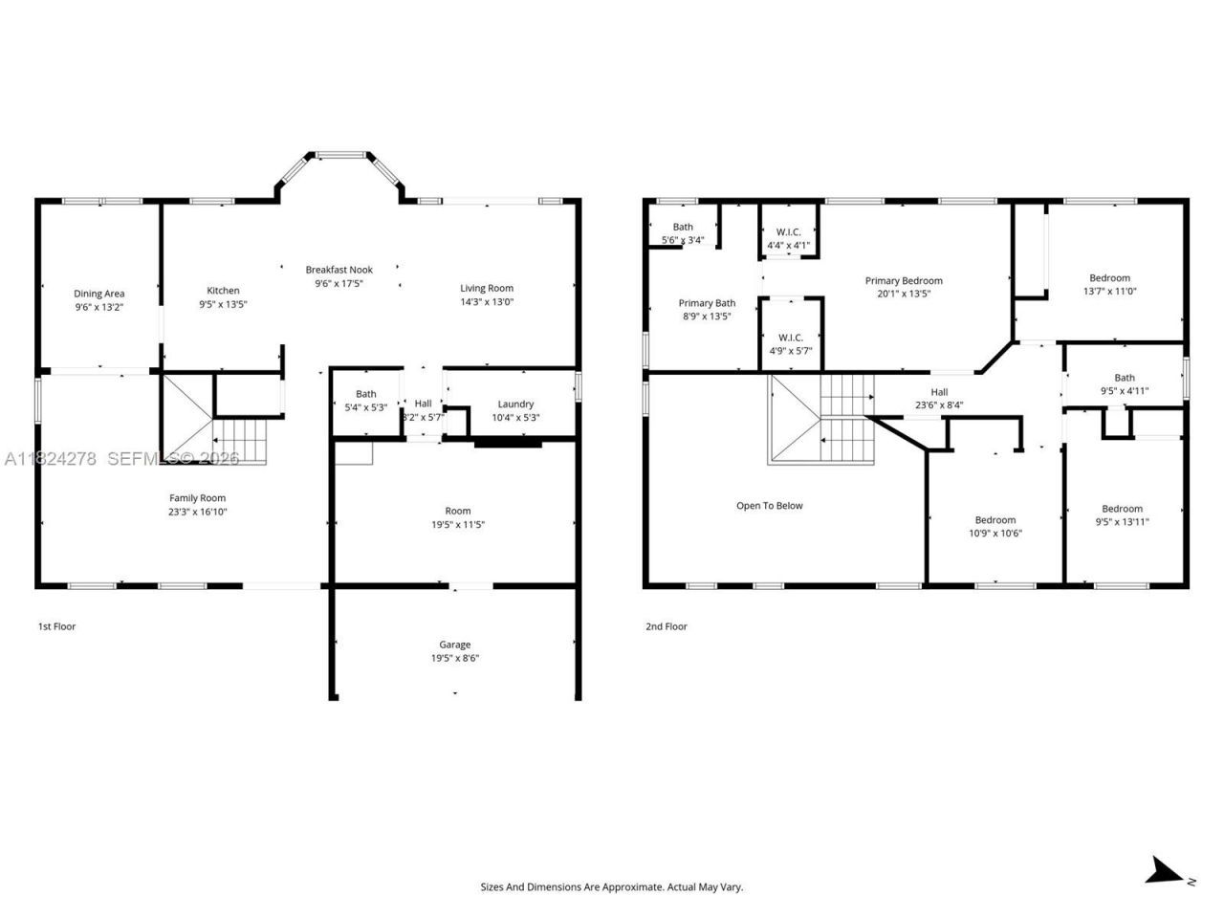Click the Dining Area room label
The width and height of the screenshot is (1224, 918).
tap(99, 294)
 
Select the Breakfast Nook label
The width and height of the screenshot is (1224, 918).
tap(339, 270)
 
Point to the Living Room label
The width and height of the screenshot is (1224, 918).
tap(487, 288)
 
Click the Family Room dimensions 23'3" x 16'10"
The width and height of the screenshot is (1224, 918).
tap(198, 512)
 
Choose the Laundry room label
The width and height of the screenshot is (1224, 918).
tap(515, 404)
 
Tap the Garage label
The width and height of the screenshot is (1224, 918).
tap(454, 645)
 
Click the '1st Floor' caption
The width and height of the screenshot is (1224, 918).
tap(56, 626)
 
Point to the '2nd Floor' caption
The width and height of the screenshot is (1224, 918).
tap(666, 626)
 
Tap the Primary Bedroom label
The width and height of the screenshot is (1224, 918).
tap(904, 280)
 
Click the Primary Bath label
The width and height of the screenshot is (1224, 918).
tap(707, 303)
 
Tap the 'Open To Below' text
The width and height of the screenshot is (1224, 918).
tap(769, 506)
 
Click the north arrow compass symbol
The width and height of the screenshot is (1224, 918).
tap(1165, 871)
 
